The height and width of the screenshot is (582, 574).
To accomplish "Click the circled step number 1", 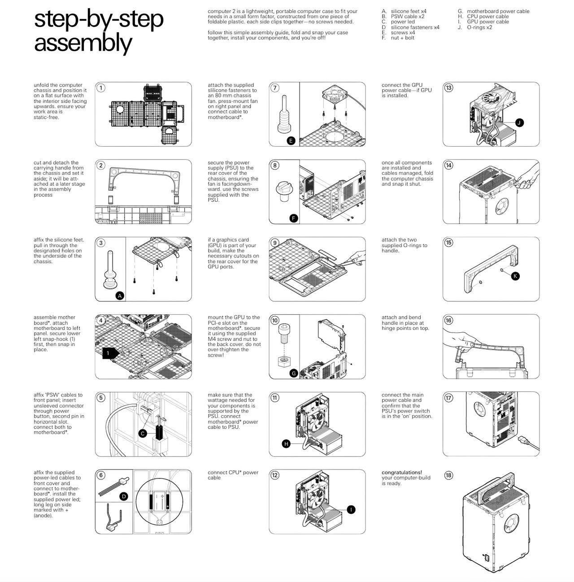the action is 100,88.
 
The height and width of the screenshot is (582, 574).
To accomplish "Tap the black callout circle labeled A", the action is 120,295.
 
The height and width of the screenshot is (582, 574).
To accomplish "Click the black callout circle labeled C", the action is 143,434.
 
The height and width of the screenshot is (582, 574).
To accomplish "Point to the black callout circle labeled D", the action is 124,496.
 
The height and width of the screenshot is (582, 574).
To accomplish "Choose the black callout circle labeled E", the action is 291,140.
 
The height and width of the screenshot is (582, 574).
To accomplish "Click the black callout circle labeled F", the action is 294,218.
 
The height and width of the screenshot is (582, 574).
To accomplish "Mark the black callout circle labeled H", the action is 286,443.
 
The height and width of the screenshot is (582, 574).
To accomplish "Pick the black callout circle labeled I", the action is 351,510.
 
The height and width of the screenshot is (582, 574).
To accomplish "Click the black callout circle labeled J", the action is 519,122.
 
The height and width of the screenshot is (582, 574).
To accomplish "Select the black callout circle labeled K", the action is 515,276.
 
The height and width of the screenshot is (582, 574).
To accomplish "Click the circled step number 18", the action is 448,475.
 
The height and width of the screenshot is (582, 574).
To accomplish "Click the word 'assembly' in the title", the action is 83,43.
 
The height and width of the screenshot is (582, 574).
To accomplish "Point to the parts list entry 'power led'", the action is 403,22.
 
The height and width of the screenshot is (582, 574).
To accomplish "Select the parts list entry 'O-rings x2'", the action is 479,27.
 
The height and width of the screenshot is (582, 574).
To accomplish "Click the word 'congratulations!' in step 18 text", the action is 402,472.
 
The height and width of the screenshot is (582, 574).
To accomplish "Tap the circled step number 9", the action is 274,243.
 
